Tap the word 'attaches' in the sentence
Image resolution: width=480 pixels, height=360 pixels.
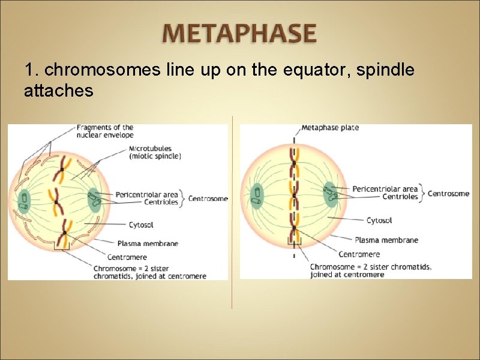58,91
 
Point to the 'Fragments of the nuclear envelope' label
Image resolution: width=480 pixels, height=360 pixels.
105,131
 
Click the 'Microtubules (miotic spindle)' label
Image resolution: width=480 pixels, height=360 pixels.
154,152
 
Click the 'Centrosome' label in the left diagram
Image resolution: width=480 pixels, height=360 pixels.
208,199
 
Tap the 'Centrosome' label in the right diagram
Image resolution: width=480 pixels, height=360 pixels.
448,193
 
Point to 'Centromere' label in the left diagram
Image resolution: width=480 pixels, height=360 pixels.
127,257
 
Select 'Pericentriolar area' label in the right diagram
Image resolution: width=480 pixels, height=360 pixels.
385,189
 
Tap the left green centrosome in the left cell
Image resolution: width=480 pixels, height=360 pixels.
25,199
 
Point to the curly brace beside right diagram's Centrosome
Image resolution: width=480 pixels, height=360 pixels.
423,193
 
